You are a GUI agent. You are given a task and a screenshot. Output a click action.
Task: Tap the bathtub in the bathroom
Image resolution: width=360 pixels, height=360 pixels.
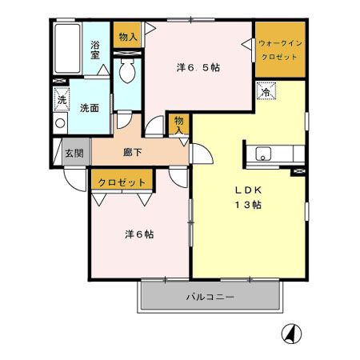pyautogui.click(x=68, y=50)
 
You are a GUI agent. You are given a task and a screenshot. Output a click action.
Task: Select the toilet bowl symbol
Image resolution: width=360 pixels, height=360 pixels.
pyautogui.click(x=126, y=73)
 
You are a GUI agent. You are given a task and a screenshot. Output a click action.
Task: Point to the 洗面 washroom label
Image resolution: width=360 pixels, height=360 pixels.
pyautogui.click(x=89, y=108)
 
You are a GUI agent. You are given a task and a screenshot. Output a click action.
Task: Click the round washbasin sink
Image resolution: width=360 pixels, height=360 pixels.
pyautogui.click(x=60, y=123)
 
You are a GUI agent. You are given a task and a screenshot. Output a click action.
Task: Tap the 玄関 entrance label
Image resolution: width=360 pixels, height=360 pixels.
pyautogui.click(x=74, y=152)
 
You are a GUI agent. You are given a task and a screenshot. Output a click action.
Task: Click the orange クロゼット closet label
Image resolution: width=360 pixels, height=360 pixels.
pyautogui.click(x=122, y=182)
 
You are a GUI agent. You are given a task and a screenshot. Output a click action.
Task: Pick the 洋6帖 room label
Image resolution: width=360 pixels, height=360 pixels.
pyautogui.click(x=139, y=234)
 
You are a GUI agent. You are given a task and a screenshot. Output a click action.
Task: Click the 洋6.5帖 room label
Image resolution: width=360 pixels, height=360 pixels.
pyautogui.click(x=198, y=67)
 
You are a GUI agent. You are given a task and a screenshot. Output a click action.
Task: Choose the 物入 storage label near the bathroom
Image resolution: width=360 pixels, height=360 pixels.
pyautogui.click(x=127, y=36)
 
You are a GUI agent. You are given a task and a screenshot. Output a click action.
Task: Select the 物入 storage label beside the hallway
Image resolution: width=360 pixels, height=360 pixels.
pyautogui.click(x=180, y=125)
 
